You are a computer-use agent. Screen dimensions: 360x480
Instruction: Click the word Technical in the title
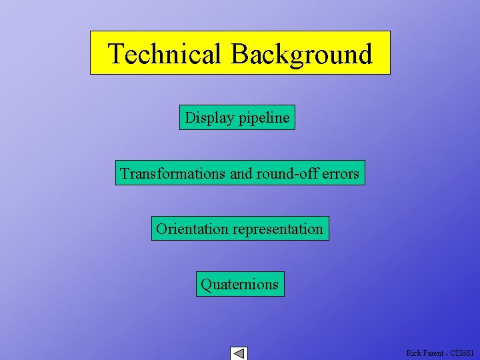pyautogui.click(x=164, y=53)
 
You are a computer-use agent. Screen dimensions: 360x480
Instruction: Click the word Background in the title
pyautogui.click(x=301, y=53)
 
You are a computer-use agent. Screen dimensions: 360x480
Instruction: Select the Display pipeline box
pyautogui.click(x=237, y=117)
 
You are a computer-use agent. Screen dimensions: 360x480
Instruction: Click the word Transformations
pyautogui.click(x=173, y=173)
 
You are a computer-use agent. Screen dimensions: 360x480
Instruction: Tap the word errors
pyautogui.click(x=341, y=174)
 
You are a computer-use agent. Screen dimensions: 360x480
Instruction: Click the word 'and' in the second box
pyautogui.click(x=241, y=173)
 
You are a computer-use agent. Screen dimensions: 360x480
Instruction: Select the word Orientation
pyautogui.click(x=192, y=229)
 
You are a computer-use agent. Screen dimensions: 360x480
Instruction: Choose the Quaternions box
pyautogui.click(x=240, y=284)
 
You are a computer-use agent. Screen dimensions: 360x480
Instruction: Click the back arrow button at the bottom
pyautogui.click(x=239, y=353)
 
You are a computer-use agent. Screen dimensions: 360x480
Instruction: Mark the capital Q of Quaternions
pyautogui.click(x=207, y=284)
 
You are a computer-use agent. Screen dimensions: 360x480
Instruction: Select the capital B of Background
pyautogui.click(x=240, y=53)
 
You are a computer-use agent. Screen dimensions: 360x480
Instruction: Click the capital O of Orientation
pyautogui.click(x=161, y=229)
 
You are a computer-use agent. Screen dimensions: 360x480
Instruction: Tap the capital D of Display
pyautogui.click(x=190, y=117)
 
